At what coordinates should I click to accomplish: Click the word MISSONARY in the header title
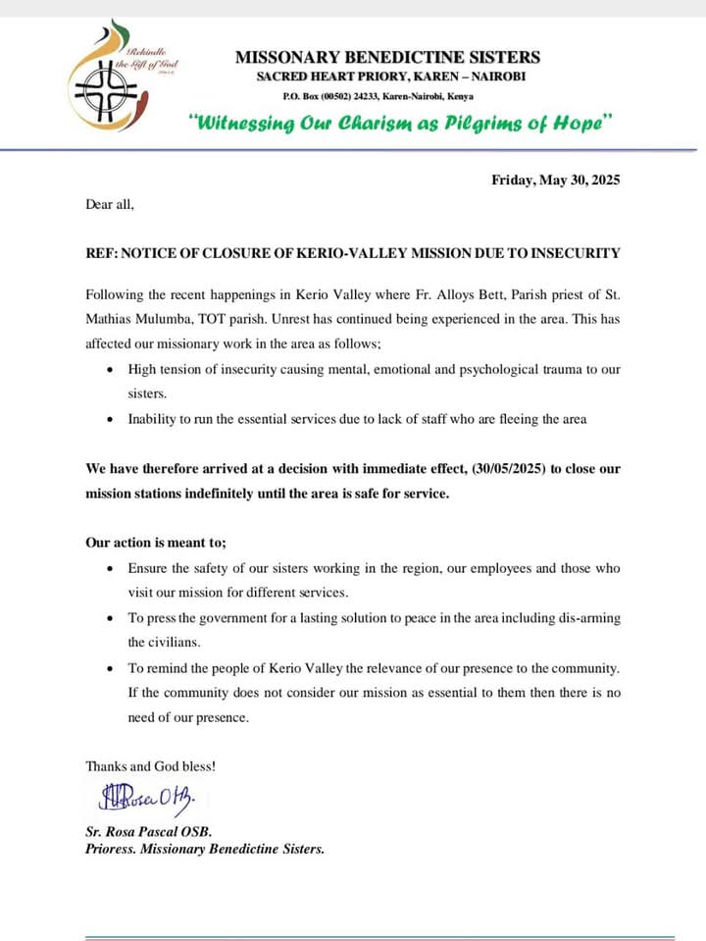(x=290, y=58)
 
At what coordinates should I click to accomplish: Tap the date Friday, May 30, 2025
(x=555, y=180)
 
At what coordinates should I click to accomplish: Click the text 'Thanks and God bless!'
(x=151, y=765)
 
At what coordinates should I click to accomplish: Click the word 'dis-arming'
(x=588, y=618)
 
